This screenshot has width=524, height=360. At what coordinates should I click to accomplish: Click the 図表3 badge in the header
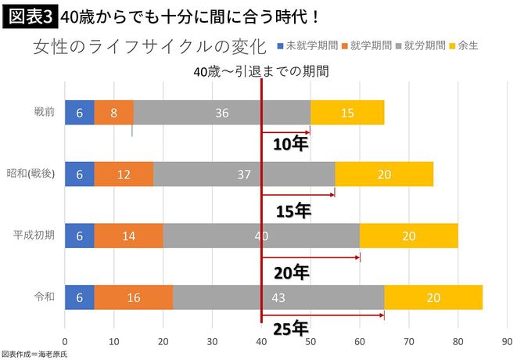pyautogui.click(x=28, y=15)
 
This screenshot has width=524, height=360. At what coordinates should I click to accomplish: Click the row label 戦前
pyautogui.click(x=45, y=113)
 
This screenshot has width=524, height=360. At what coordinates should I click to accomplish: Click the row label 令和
pyautogui.click(x=45, y=297)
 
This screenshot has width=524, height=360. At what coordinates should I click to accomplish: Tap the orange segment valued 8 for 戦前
pyautogui.click(x=113, y=113)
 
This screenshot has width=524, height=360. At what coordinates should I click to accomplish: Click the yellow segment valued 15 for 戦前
pyautogui.click(x=347, y=113)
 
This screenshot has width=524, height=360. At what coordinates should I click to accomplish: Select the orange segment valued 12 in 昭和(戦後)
pyautogui.click(x=124, y=175)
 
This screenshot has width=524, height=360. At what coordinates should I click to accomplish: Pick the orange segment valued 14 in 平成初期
pyautogui.click(x=128, y=236)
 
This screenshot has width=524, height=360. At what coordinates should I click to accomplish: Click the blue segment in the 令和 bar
pyautogui.click(x=79, y=297)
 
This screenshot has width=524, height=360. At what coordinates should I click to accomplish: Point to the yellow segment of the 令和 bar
pyautogui.click(x=433, y=297)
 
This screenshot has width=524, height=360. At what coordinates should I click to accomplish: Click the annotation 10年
pyautogui.click(x=291, y=144)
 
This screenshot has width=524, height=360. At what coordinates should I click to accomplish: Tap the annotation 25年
pyautogui.click(x=291, y=329)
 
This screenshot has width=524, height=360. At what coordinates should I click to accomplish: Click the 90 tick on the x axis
pyautogui.click(x=507, y=341)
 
